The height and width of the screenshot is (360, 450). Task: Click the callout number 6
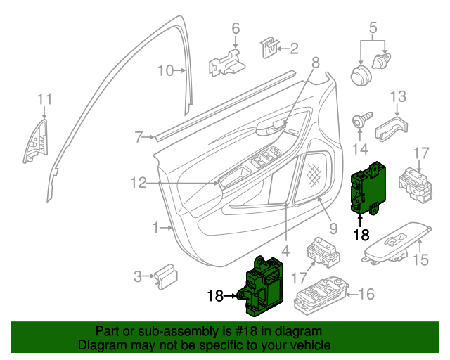pos(236,29)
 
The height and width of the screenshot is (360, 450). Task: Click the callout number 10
pos(165,70)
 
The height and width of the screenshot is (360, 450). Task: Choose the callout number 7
pos(139,136)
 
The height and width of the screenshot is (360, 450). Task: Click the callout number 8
pos(315,63)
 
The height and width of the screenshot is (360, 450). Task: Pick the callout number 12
pos(138,183)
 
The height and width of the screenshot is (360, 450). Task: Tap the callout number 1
pos(156,228)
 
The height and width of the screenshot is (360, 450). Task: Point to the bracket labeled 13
pos(392,127)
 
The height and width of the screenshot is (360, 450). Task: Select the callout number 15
pos(419,261)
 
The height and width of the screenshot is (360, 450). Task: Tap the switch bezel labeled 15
pos(395,240)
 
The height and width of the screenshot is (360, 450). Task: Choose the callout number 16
pos(368,294)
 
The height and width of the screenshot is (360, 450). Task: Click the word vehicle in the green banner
pos(309,345)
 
